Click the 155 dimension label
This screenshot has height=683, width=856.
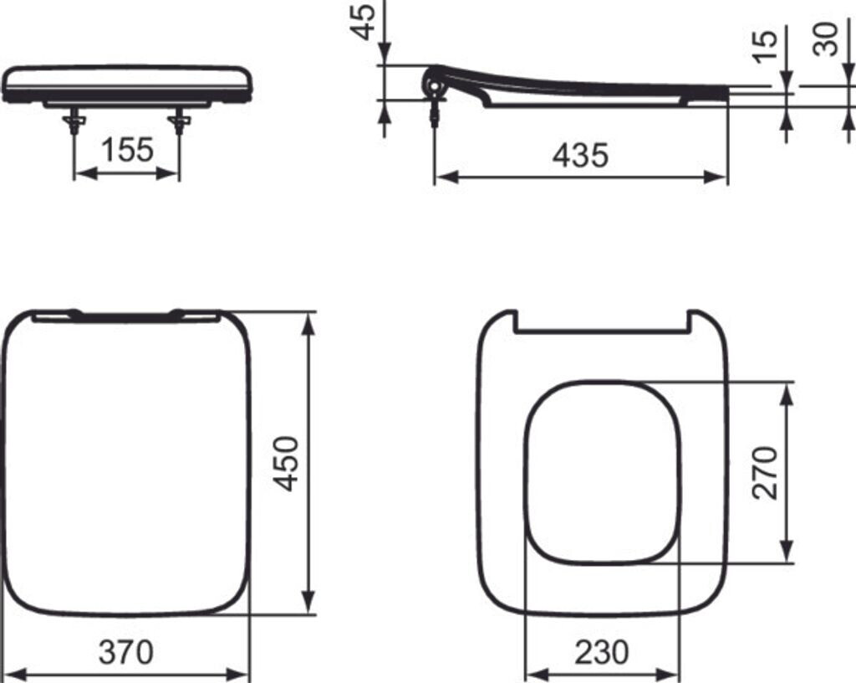click(x=128, y=150)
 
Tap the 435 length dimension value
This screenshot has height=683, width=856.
click(x=580, y=155)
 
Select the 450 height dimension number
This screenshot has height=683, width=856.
click(x=287, y=464)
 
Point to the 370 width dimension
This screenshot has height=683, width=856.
click(x=126, y=652)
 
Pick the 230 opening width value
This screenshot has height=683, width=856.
click(x=602, y=652)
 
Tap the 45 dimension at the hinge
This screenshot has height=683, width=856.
click(x=363, y=22)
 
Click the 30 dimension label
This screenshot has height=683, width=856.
click(x=825, y=39)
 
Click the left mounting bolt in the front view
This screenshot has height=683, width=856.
click(x=74, y=121)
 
